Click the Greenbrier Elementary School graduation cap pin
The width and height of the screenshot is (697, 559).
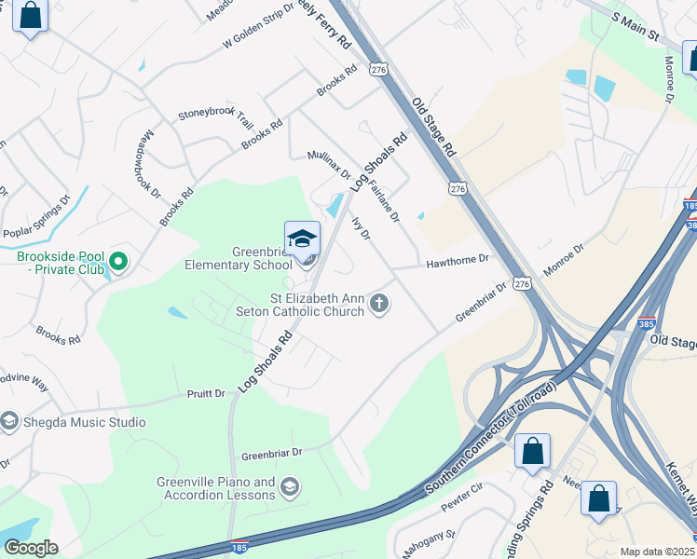click(x=302, y=240)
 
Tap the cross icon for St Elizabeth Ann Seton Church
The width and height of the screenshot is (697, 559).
click(x=378, y=303)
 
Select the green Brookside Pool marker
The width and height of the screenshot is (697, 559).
click(x=117, y=260)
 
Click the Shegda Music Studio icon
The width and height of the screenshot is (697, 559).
click(x=9, y=422)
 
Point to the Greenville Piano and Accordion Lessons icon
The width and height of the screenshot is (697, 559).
click(x=290, y=487)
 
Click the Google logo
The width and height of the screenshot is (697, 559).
click(x=31, y=547)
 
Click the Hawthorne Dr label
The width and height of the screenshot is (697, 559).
click(x=458, y=261)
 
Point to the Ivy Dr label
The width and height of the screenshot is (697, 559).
click(x=361, y=229)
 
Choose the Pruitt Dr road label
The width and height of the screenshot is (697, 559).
click(x=206, y=394)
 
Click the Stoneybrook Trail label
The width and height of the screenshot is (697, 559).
click(x=215, y=118)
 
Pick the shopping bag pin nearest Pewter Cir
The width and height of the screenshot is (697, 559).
click(x=532, y=452)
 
